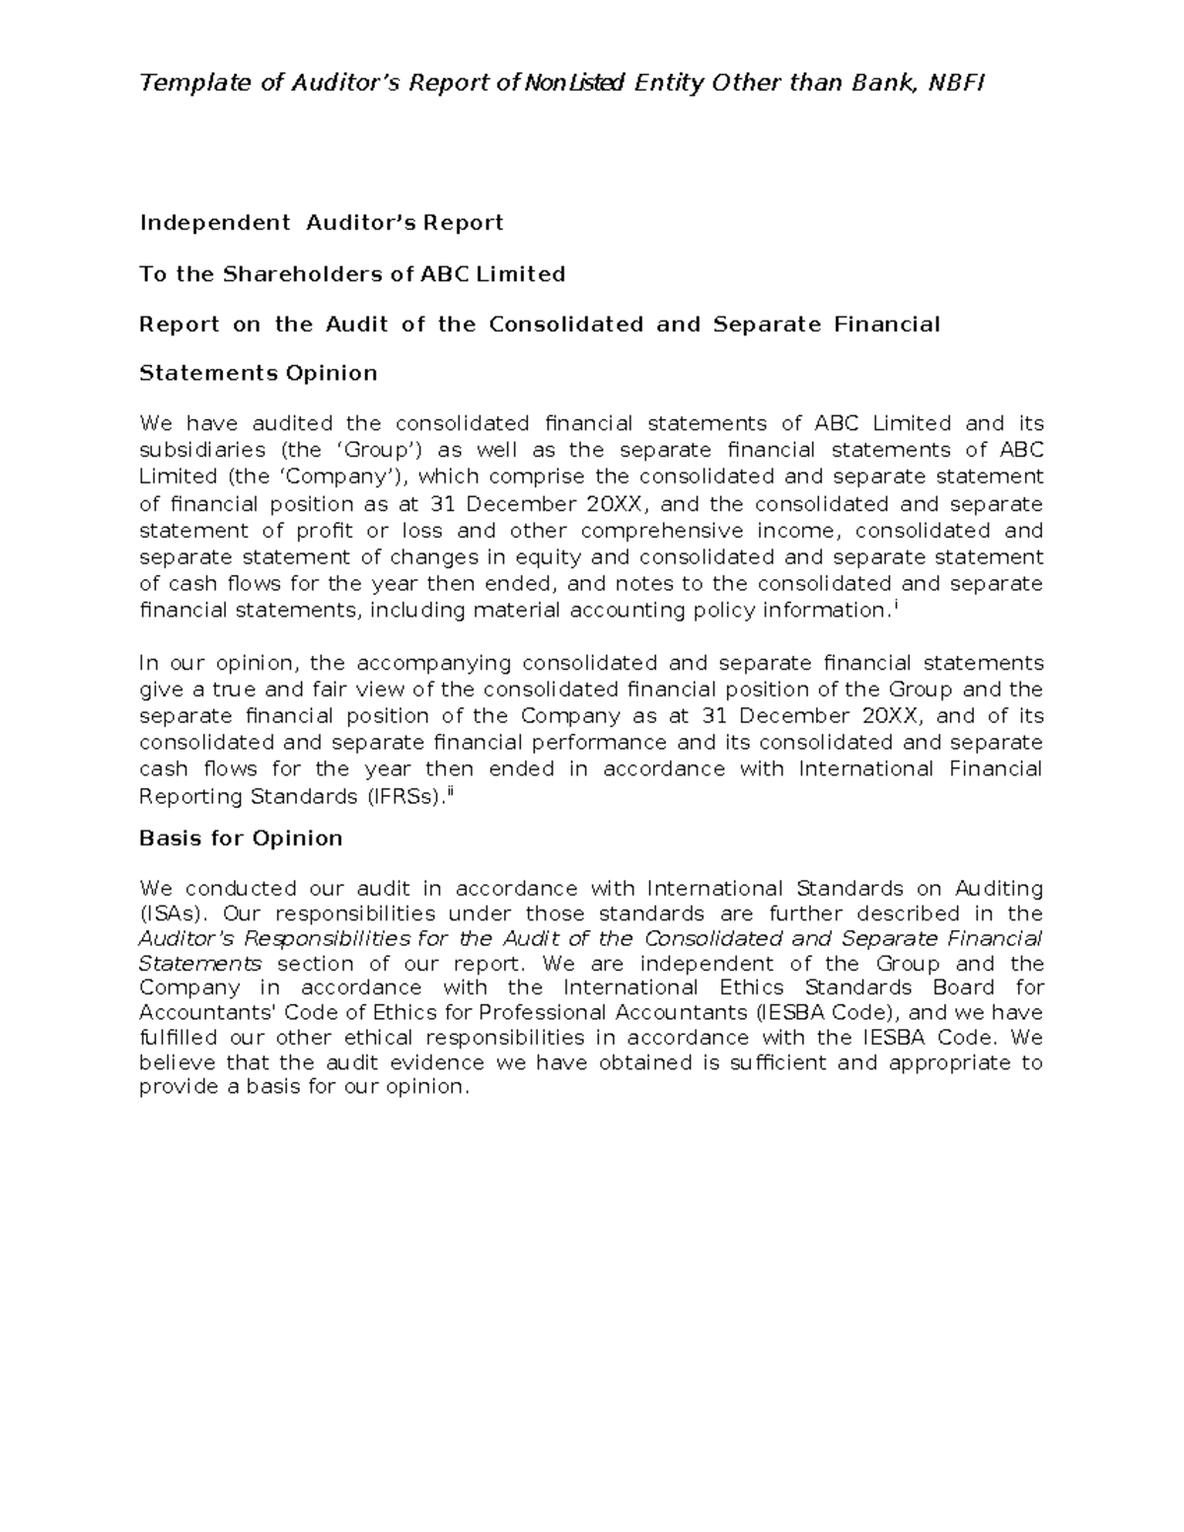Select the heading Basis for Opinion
pyautogui.click(x=241, y=839)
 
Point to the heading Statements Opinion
pyautogui.click(x=259, y=373)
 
